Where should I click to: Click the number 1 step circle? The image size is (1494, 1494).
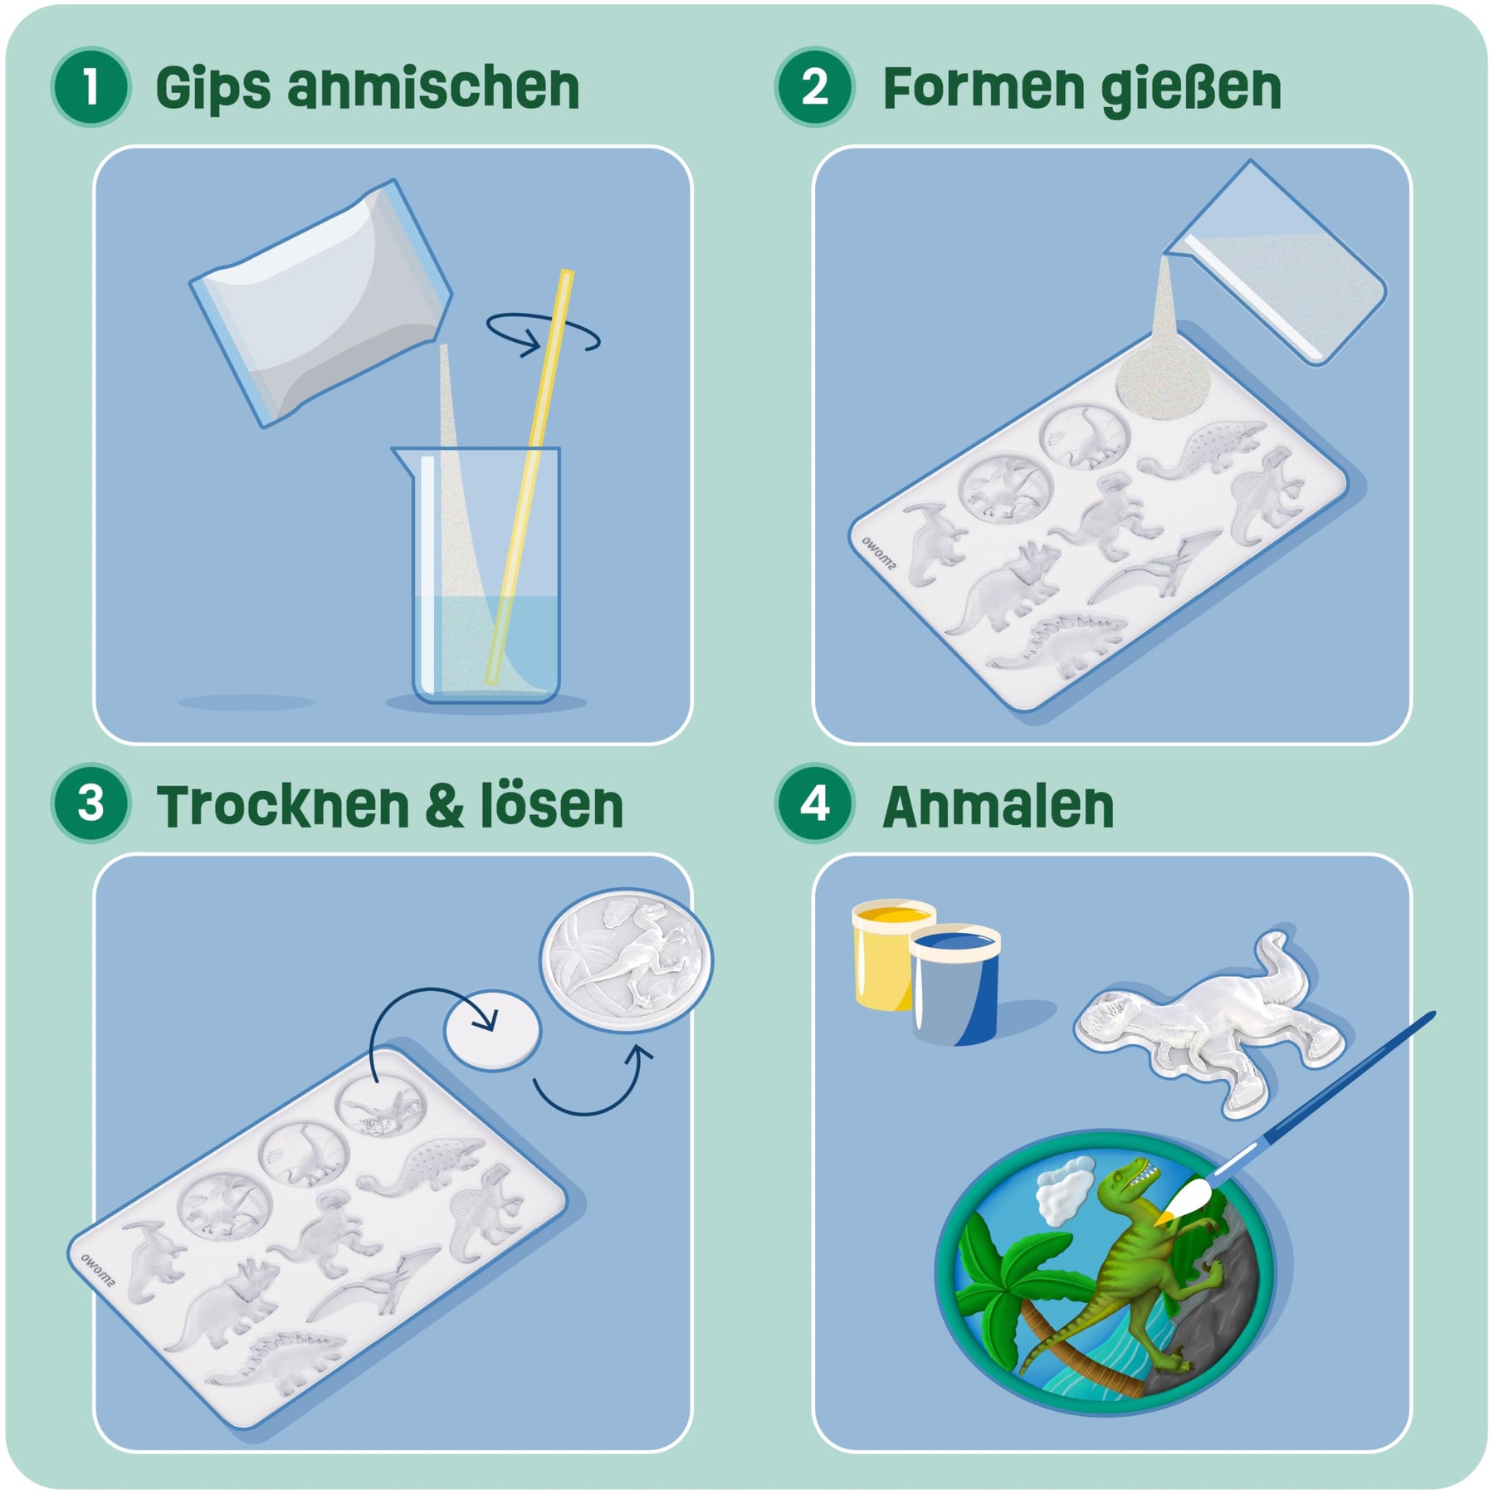click(90, 86)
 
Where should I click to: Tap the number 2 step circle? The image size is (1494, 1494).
click(814, 86)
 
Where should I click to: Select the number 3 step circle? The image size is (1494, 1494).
click(90, 803)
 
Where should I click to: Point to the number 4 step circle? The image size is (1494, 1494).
click(814, 803)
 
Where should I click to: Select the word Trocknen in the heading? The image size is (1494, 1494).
click(284, 806)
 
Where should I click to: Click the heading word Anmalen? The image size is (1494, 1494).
click(998, 806)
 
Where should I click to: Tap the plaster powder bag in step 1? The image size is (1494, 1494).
click(321, 303)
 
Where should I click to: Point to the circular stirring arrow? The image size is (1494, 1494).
click(543, 334)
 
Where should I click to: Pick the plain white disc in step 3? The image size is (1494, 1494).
click(493, 1030)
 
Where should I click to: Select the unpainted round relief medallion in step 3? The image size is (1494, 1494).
click(626, 960)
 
